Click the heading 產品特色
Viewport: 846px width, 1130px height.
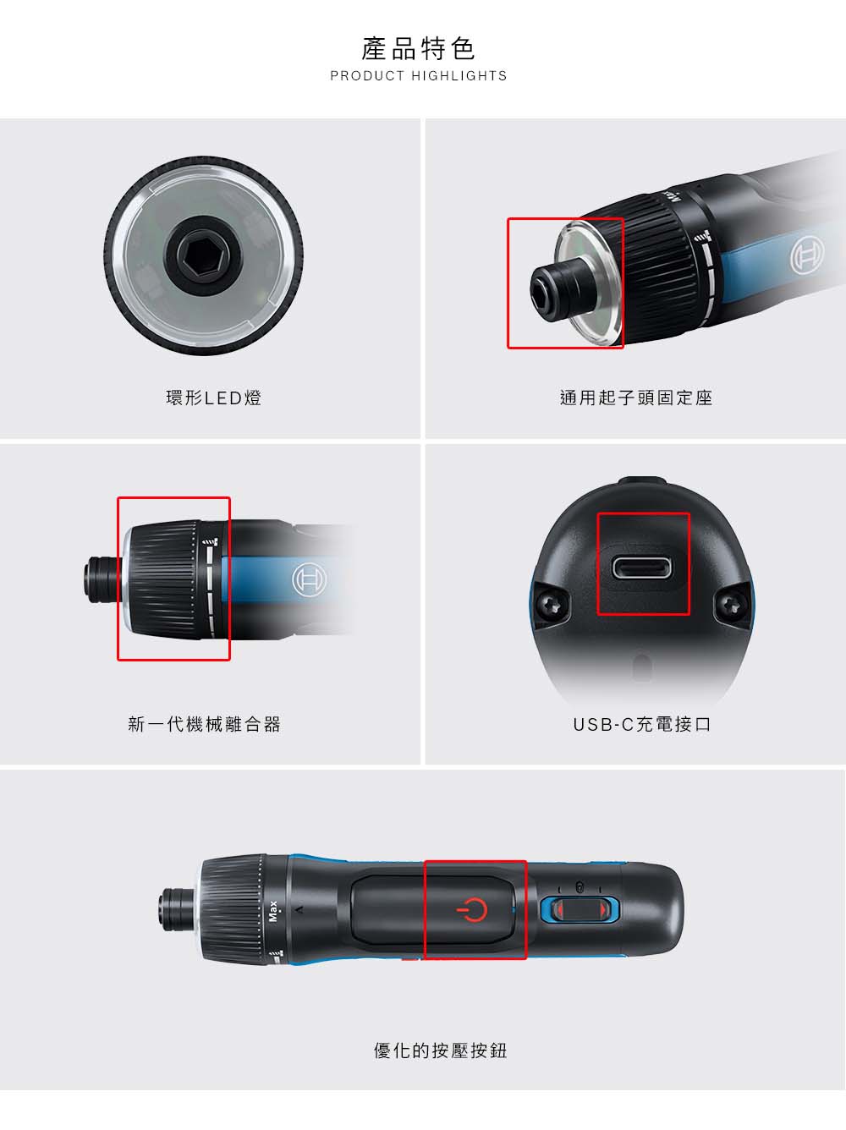pyautogui.click(x=418, y=49)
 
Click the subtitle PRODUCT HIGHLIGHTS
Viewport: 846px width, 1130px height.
pyautogui.click(x=419, y=76)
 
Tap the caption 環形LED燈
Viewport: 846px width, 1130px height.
pyautogui.click(x=214, y=398)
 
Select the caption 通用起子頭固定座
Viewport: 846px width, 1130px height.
pyautogui.click(x=636, y=398)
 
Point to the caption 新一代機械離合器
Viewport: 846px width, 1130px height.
pyautogui.click(x=205, y=724)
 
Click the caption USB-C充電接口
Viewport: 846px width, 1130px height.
pyautogui.click(x=641, y=724)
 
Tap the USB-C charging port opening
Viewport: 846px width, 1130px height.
pyautogui.click(x=642, y=568)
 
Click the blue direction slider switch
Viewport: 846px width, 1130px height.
pyautogui.click(x=579, y=910)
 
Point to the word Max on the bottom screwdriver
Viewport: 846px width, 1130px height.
pyautogui.click(x=273, y=911)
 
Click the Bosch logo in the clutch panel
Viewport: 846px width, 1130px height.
pyautogui.click(x=309, y=579)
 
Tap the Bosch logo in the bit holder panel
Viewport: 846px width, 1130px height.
pyautogui.click(x=807, y=255)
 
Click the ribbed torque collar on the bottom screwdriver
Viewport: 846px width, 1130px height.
pyautogui.click(x=233, y=910)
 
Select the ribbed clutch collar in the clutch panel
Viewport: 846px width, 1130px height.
pyautogui.click(x=164, y=579)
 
